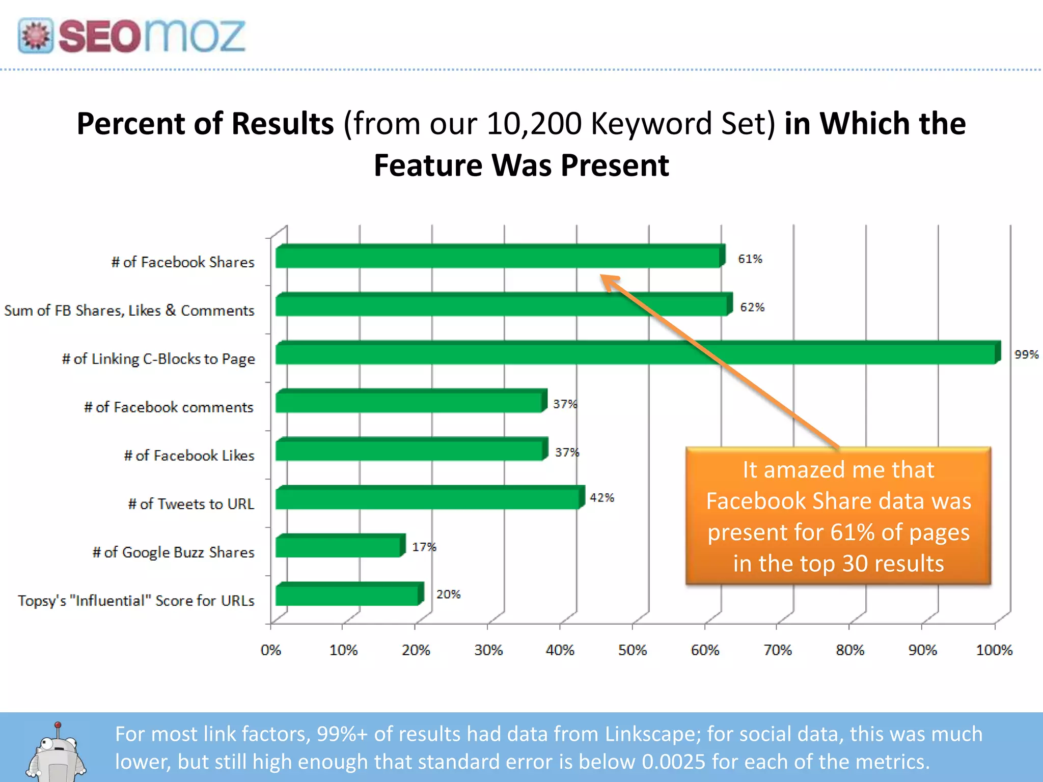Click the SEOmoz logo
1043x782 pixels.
(131, 36)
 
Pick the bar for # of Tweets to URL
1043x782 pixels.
(428, 498)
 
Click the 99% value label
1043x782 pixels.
(1026, 354)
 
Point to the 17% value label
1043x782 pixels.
(424, 547)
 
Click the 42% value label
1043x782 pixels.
(602, 497)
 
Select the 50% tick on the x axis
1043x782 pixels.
(632, 650)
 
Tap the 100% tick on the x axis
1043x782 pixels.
(994, 650)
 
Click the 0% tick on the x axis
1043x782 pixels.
(270, 650)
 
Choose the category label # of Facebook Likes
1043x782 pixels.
(189, 455)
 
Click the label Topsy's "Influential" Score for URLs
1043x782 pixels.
(136, 601)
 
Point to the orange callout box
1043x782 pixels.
(838, 516)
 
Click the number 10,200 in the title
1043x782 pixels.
(534, 124)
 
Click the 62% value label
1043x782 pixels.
(752, 307)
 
